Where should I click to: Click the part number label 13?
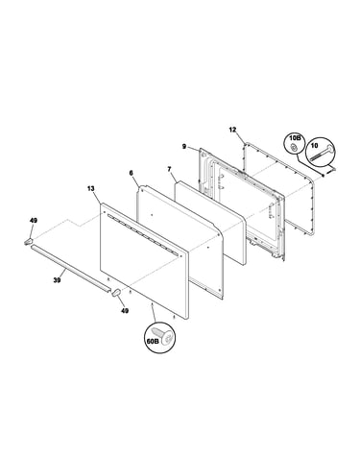pyautogui.click(x=91, y=189)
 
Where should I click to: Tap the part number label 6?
pyautogui.click(x=131, y=173)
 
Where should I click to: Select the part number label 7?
pyautogui.click(x=170, y=169)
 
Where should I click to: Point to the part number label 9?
pyautogui.click(x=184, y=147)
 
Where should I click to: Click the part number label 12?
pyautogui.click(x=232, y=130)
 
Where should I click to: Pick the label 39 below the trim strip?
pyautogui.click(x=57, y=280)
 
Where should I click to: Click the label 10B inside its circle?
pyautogui.click(x=295, y=138)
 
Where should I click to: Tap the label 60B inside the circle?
pyautogui.click(x=153, y=341)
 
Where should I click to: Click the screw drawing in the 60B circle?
pyautogui.click(x=166, y=335)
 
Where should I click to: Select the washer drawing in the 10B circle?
pyautogui.click(x=293, y=148)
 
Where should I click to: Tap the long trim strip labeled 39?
pyautogui.click(x=70, y=269)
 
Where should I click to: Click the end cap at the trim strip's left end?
pyautogui.click(x=28, y=242)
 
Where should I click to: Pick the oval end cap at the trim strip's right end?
pyautogui.click(x=116, y=293)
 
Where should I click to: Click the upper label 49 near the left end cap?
pyautogui.click(x=34, y=221)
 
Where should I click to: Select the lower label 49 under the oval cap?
pyautogui.click(x=125, y=310)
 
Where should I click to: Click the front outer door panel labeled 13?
pyautogui.click(x=144, y=261)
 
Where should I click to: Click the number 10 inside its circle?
pyautogui.click(x=314, y=146)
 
